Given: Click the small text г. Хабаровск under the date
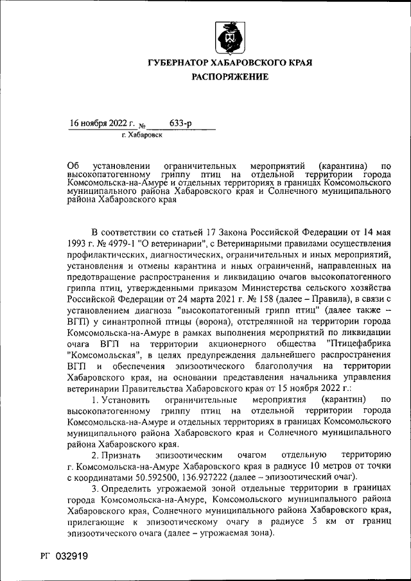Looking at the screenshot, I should [x=142, y=135].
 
